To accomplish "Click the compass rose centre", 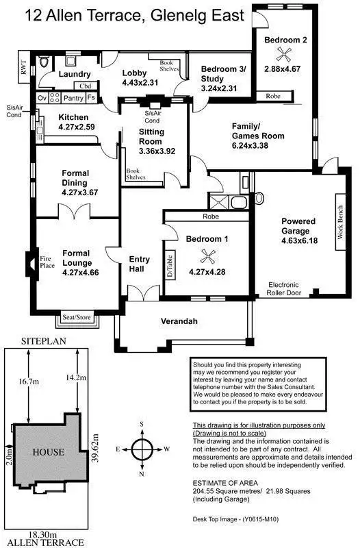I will pyautogui.click(x=142, y=450).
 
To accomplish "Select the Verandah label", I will pyautogui.click(x=179, y=321).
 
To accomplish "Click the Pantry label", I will pyautogui.click(x=73, y=99).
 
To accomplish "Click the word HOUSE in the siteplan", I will pyautogui.click(x=49, y=452).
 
